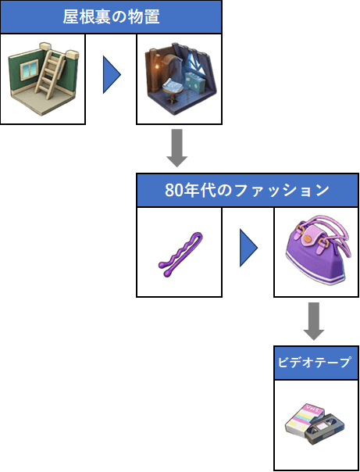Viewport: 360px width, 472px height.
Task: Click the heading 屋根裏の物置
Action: [111, 17]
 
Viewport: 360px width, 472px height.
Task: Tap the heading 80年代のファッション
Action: [248, 190]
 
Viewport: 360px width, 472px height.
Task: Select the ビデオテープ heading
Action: [314, 363]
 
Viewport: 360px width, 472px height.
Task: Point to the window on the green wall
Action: [29, 70]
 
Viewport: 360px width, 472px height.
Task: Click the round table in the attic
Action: [172, 89]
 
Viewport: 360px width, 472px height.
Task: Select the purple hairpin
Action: [180, 254]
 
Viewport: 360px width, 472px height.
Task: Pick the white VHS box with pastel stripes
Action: [304, 418]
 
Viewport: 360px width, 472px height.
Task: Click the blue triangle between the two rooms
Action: [112, 75]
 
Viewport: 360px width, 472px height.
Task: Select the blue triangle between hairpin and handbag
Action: [248, 248]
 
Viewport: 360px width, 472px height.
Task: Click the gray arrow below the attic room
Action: [176, 148]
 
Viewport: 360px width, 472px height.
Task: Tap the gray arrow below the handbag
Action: [313, 321]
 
